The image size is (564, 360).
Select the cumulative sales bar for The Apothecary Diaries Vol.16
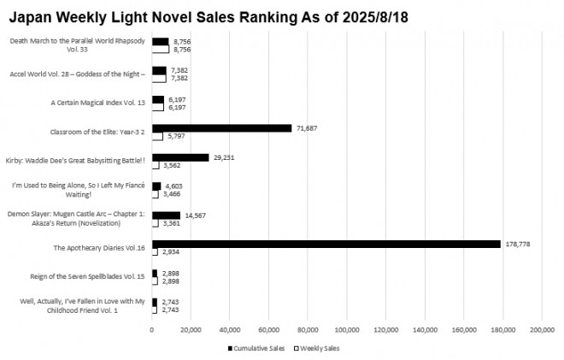326,244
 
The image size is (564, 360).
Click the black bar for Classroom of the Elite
221,127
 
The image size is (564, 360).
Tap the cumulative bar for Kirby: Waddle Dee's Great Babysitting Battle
180,157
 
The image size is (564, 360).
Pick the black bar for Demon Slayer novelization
166,215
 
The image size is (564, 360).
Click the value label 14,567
197,215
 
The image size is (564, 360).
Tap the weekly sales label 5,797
177,136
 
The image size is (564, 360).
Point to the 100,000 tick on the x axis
347,329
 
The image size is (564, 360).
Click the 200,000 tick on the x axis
542,329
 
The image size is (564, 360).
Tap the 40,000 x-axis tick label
230,329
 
